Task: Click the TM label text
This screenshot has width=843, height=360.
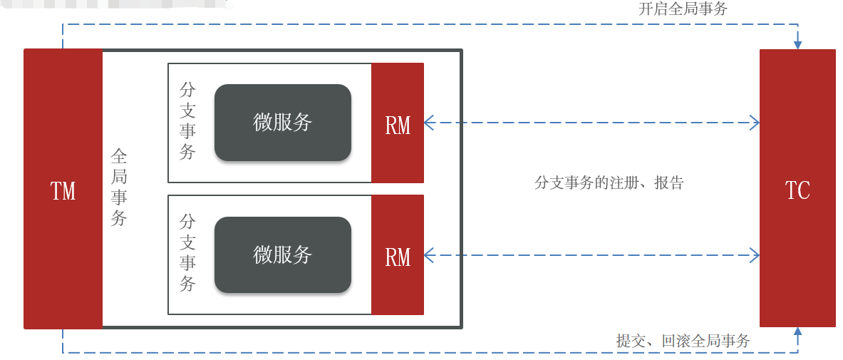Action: point(63,190)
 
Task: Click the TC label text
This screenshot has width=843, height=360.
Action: point(797,190)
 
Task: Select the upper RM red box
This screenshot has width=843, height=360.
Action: point(398,123)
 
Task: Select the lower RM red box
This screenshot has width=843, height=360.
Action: point(398,254)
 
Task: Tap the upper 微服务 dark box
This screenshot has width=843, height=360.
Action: point(283,123)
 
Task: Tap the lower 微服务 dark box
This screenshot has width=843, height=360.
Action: point(283,254)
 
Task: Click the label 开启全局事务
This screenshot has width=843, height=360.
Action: point(683,9)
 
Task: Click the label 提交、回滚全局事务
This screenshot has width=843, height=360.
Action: point(683,341)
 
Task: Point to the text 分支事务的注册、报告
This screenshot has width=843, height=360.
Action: point(609,182)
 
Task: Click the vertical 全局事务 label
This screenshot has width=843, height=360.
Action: point(119,187)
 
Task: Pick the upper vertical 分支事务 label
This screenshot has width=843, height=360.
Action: point(187,121)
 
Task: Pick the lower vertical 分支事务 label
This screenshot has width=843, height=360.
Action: point(187,253)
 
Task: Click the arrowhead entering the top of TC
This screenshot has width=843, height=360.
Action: point(797,44)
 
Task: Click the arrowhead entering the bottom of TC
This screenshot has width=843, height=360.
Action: point(797,331)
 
